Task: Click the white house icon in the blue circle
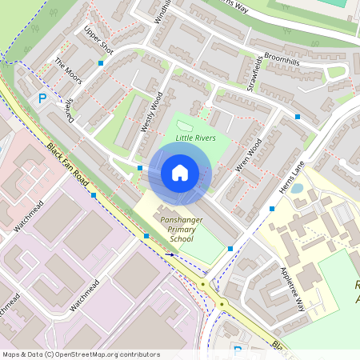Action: click(x=180, y=172)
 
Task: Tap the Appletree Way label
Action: click(x=290, y=289)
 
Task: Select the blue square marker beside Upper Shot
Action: click(x=101, y=62)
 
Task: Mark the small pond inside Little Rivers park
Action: click(x=185, y=126)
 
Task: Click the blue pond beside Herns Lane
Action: click(x=298, y=190)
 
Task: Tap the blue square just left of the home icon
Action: click(x=140, y=168)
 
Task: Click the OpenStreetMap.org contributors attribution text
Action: click(x=103, y=354)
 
